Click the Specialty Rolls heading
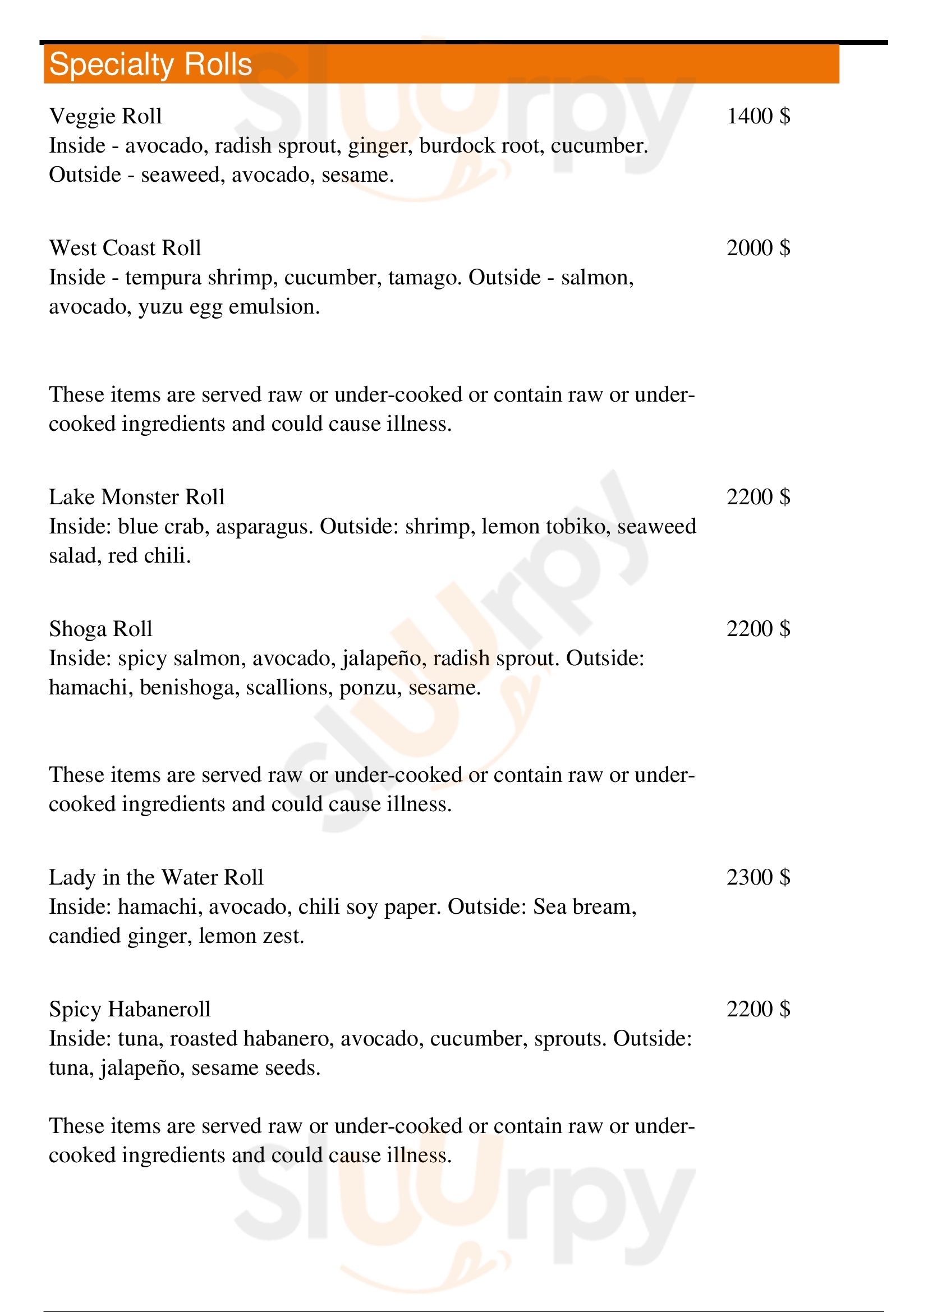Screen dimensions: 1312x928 (150, 64)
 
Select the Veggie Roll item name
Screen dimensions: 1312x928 (105, 116)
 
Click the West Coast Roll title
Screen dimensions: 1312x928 (125, 248)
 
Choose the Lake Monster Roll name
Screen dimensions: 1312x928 (136, 496)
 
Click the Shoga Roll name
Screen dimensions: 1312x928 (100, 629)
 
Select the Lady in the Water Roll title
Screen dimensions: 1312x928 (156, 877)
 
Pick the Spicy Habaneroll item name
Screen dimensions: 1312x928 (130, 1009)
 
